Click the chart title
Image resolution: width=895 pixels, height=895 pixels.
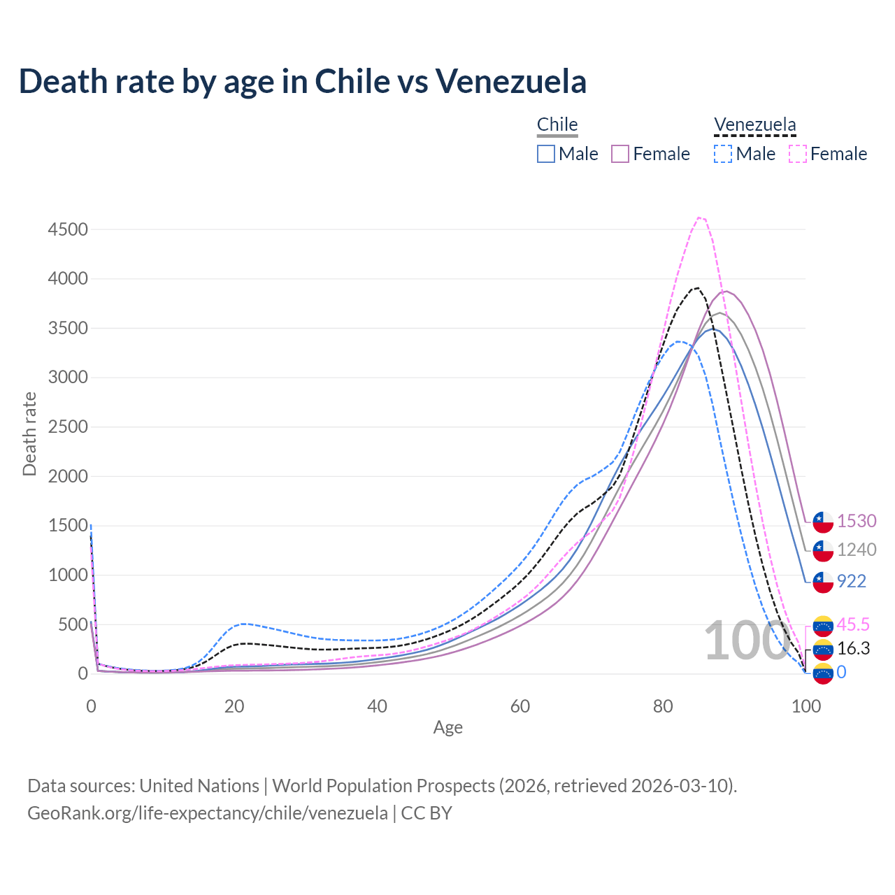[302, 81]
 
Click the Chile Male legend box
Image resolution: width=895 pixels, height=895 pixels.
[546, 154]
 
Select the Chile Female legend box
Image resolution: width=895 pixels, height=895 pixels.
[620, 154]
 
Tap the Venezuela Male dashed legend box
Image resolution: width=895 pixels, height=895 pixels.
[723, 154]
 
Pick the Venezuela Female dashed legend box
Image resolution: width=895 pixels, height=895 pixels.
[798, 154]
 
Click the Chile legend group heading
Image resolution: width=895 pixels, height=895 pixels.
[557, 124]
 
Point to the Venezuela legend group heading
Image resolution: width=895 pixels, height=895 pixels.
[754, 124]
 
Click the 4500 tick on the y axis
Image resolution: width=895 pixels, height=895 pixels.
[68, 229]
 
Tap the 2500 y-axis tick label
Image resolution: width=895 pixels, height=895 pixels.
[68, 427]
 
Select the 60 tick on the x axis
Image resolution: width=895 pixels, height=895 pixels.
[520, 706]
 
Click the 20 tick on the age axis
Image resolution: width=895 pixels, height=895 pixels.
[234, 706]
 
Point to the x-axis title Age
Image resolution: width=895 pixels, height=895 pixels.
[447, 728]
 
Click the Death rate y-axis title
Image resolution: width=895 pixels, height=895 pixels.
[29, 434]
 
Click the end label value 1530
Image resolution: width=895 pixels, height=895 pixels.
[857, 521]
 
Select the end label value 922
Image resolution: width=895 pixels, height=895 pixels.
[852, 581]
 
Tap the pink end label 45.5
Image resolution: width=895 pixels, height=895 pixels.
[853, 624]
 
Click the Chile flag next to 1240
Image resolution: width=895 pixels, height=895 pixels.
[823, 550]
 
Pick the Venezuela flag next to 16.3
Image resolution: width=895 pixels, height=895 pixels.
[823, 649]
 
